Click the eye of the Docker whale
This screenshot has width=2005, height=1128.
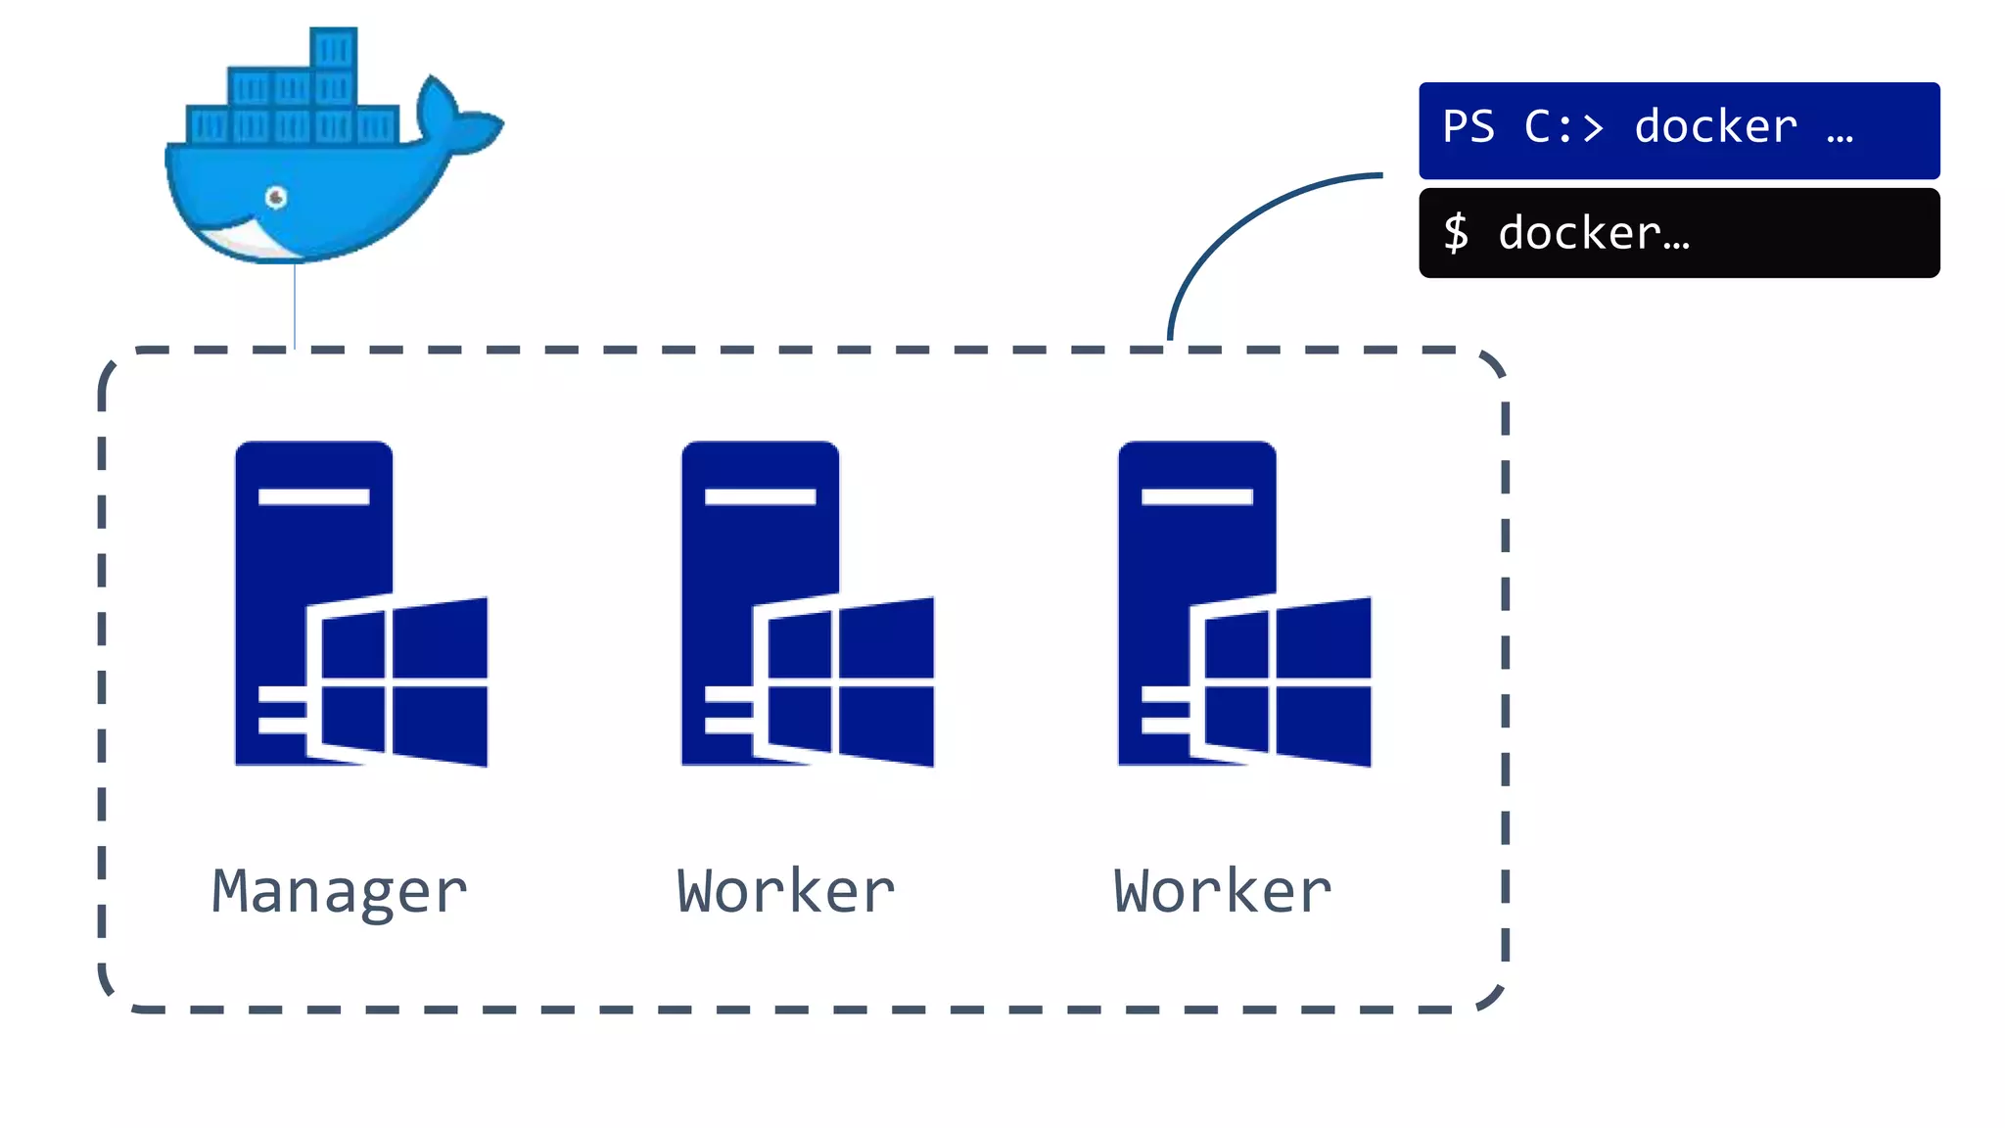276,198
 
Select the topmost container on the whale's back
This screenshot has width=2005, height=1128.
333,49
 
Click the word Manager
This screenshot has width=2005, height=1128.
339,892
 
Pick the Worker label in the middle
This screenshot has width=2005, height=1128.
785,892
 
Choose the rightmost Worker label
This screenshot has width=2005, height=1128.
1222,892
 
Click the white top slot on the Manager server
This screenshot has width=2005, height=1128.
313,496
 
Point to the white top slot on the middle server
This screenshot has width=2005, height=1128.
760,496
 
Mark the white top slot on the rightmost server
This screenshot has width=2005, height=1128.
1196,496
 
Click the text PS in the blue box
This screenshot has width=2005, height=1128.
1469,127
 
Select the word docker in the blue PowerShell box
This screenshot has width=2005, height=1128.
1715,127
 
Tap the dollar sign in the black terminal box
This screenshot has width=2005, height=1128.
1456,233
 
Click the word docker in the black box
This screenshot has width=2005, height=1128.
1578,233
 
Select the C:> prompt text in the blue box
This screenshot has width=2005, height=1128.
1563,127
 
